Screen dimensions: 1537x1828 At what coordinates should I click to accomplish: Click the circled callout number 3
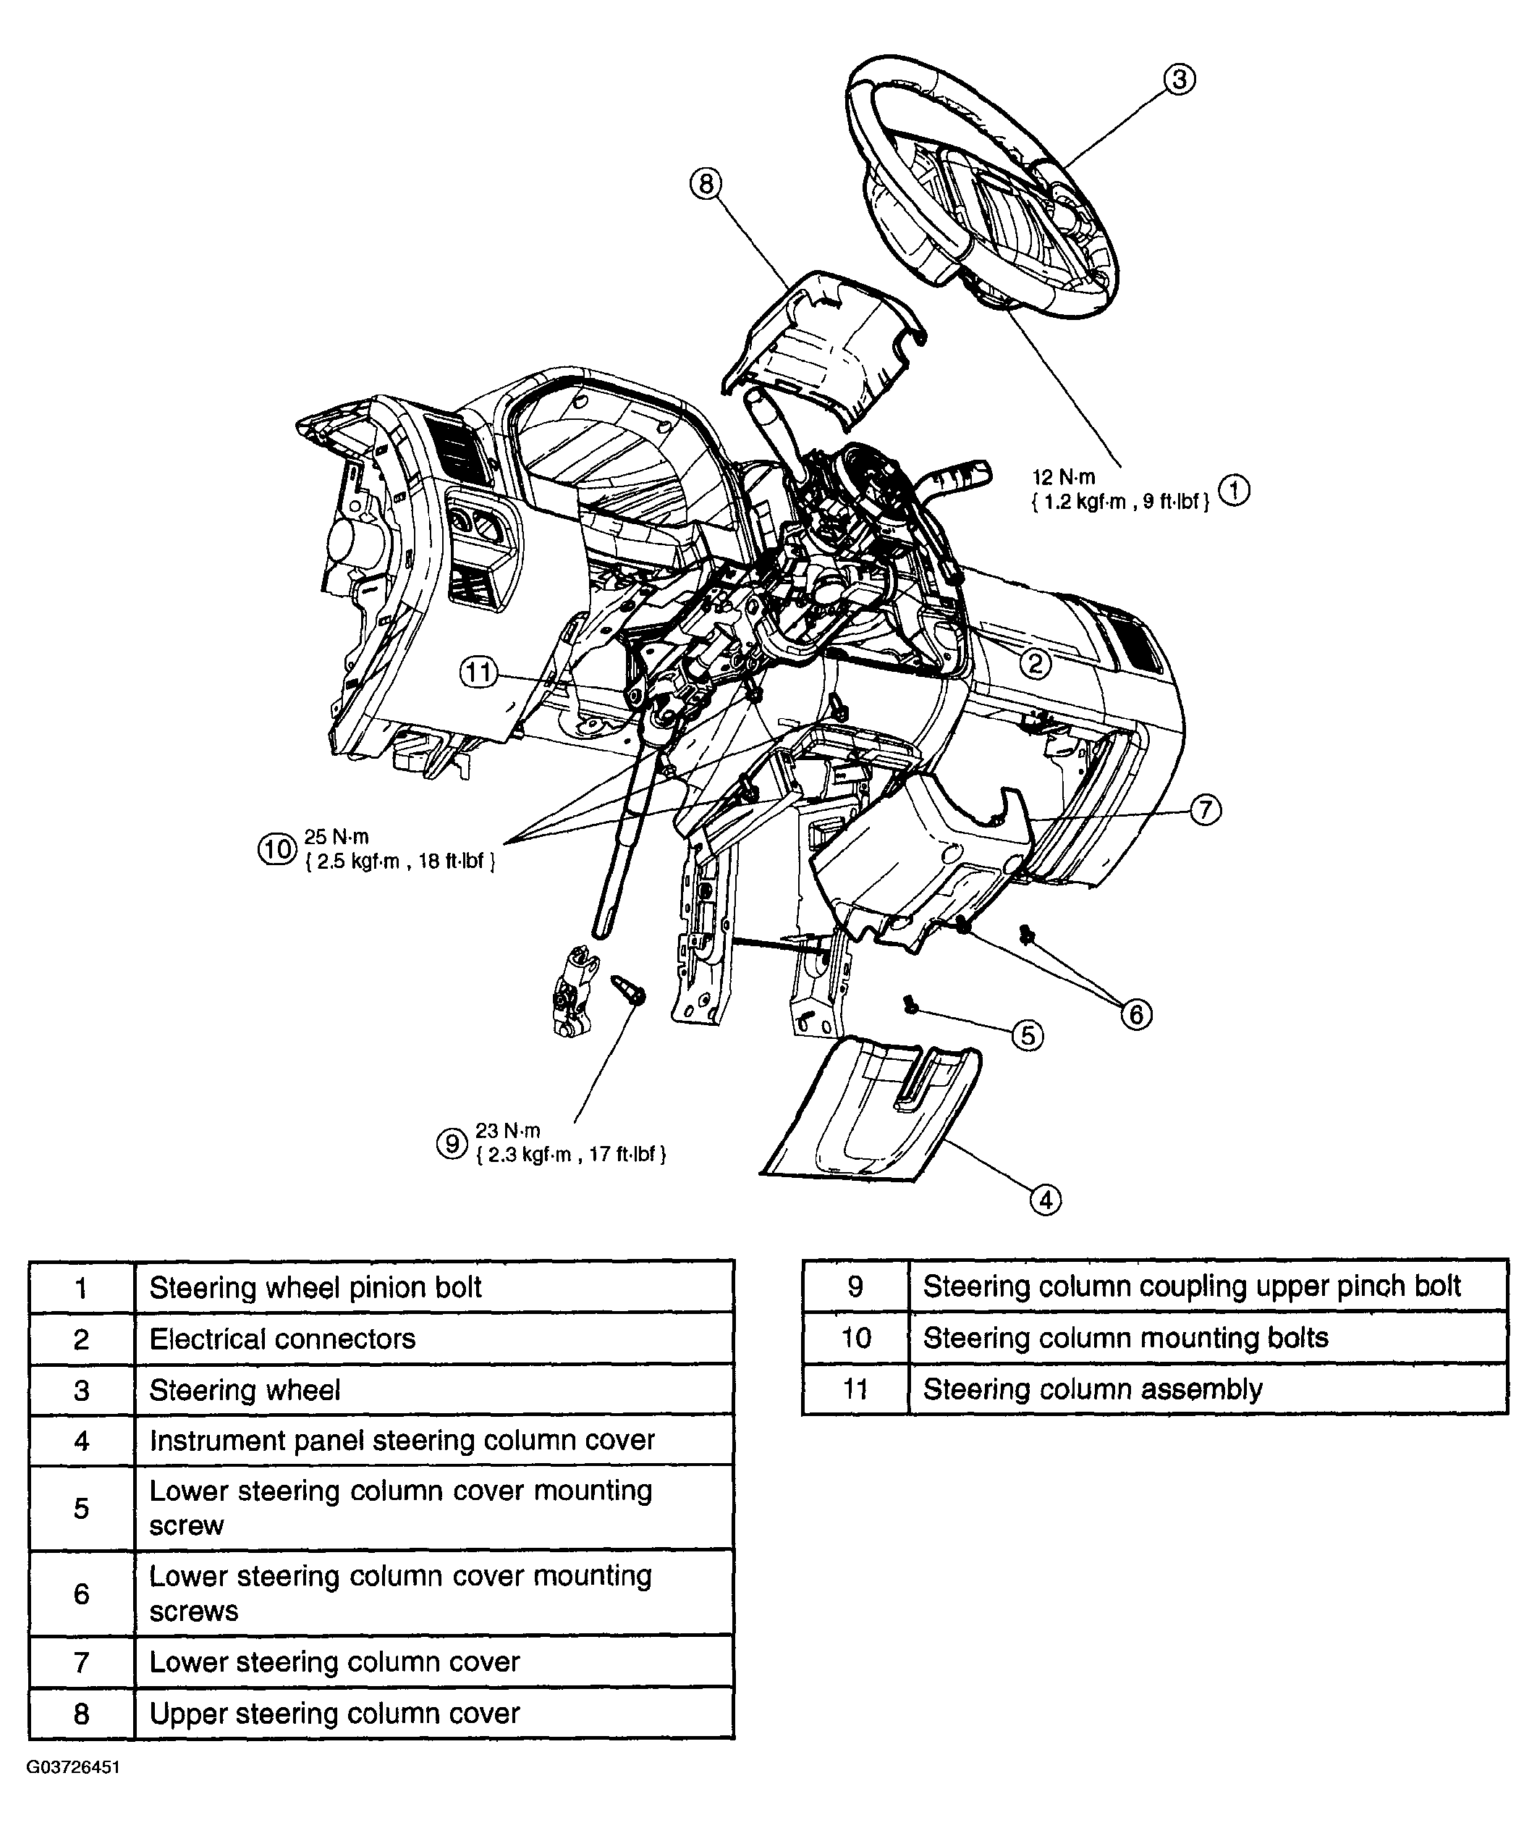pos(1178,80)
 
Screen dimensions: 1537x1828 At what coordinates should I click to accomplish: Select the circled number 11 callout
pos(478,672)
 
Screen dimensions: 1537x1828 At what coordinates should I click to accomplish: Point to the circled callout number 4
pos(1046,1200)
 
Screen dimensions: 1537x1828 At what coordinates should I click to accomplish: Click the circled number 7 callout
pos(1205,810)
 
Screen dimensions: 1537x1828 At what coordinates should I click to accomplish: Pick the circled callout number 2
pos(1035,665)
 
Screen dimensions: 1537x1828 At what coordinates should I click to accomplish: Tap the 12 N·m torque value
pos(1063,478)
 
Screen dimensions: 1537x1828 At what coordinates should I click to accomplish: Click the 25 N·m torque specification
pos(336,837)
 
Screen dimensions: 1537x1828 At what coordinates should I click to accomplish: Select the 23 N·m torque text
pos(508,1131)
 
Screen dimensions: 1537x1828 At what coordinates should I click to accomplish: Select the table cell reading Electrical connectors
pos(435,1338)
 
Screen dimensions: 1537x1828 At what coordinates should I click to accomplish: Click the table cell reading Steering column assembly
pos(1208,1389)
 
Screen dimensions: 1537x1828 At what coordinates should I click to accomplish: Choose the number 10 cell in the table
pos(855,1338)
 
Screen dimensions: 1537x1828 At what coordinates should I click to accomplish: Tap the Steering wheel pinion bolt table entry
pos(435,1286)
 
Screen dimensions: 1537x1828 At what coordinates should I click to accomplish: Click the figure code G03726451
pos(73,1767)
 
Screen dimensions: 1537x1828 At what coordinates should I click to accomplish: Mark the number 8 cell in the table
pos(82,1713)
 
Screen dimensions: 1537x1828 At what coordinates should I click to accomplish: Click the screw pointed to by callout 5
pos(910,1003)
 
